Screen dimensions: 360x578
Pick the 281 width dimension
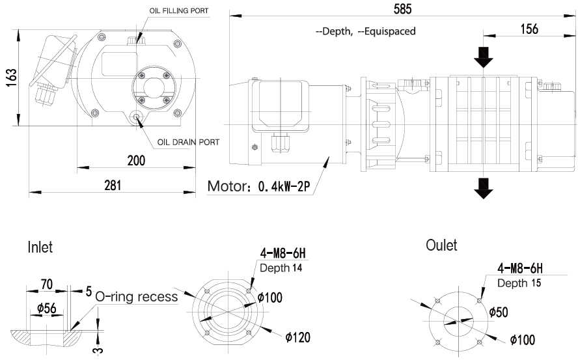click(112, 185)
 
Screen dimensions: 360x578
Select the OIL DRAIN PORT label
click(188, 141)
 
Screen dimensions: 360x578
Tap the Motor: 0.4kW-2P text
click(260, 187)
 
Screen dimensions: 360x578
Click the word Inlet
click(40, 247)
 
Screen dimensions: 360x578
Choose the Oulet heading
click(441, 245)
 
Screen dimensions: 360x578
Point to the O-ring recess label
click(136, 297)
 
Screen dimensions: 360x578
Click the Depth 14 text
click(281, 268)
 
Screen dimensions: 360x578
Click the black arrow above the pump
click(483, 57)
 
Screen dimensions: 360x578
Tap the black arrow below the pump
click(483, 187)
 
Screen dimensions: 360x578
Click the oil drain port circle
click(137, 117)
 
